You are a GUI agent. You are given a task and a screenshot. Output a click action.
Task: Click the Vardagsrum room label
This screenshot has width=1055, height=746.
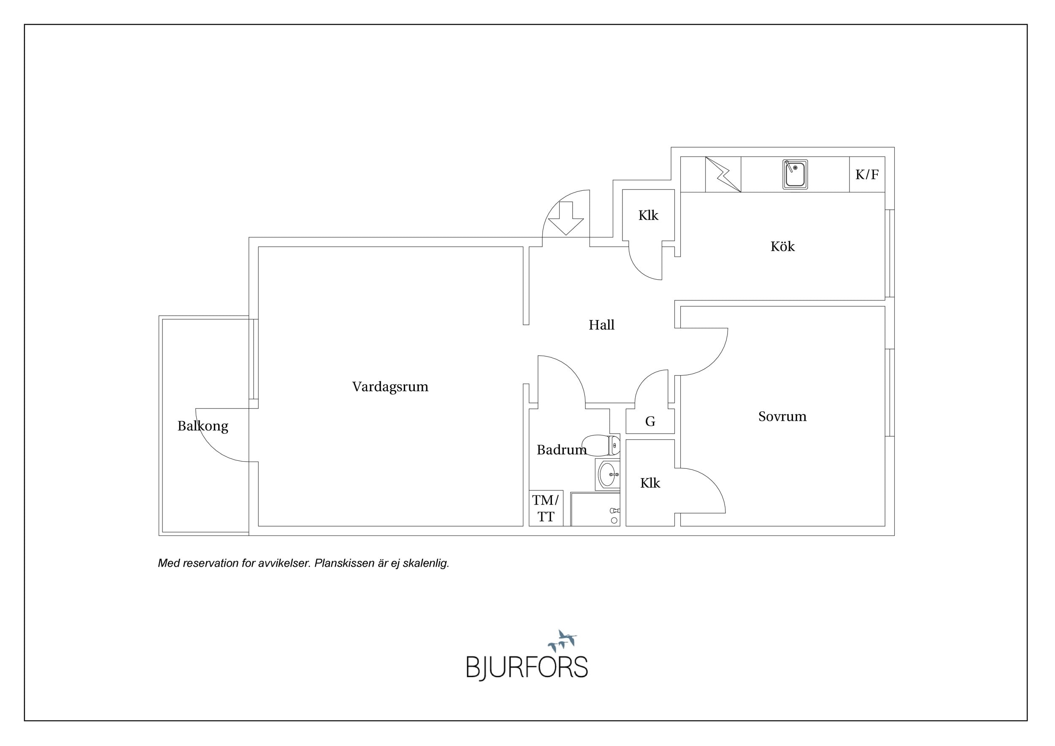tap(390, 387)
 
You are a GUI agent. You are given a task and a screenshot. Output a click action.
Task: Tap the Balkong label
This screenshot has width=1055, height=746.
tap(203, 426)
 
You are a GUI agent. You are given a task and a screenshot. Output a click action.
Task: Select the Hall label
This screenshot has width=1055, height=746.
tap(601, 325)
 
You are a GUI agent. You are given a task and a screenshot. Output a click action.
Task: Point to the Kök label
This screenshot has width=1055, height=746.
tap(782, 246)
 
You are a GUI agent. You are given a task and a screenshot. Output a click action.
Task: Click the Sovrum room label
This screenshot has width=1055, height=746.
tap(782, 416)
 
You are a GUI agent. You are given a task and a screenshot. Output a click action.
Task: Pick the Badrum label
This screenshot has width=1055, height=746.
tap(562, 450)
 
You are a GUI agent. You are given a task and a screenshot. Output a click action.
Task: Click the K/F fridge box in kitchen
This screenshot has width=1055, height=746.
tap(867, 175)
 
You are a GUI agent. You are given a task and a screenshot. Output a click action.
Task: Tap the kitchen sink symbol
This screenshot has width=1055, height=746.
tap(795, 175)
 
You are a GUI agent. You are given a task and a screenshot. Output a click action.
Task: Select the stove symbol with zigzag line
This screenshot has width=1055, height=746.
tap(723, 175)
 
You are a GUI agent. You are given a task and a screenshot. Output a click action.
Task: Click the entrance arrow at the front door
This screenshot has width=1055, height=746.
tap(566, 218)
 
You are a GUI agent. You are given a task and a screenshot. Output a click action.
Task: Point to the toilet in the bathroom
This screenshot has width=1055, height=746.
tap(601, 445)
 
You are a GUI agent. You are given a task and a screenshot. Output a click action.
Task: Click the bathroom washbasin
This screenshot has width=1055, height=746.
tap(607, 474)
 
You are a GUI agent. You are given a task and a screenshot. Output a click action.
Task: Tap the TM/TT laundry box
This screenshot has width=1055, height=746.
tap(546, 508)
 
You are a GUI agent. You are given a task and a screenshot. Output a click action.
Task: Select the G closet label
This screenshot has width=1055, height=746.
tap(650, 421)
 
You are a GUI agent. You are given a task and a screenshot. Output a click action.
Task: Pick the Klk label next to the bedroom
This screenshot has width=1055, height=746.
tap(650, 483)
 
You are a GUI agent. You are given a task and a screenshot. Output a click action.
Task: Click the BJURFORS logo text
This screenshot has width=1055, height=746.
tap(527, 668)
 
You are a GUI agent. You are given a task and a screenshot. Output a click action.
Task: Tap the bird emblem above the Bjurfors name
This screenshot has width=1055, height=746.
tap(562, 641)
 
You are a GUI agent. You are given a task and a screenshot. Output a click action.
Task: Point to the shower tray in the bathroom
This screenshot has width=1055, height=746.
tap(595, 509)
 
